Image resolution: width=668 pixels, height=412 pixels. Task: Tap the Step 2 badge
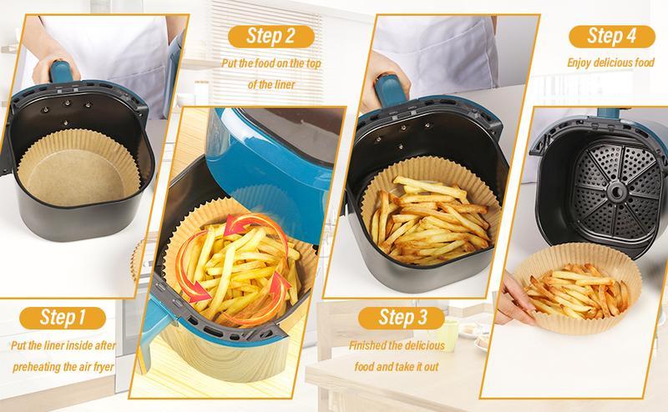(268, 36)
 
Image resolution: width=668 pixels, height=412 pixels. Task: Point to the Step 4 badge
(611, 36)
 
